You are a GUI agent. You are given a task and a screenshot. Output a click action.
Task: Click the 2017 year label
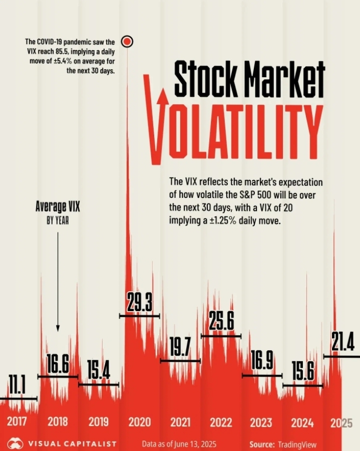17,422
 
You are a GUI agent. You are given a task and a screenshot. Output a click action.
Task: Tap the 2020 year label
139,422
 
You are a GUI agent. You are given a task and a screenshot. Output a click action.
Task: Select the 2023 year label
261,422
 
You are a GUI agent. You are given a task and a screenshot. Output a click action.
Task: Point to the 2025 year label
341,422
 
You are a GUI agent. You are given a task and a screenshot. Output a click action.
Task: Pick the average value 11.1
17,386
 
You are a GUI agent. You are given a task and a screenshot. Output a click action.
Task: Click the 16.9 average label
261,362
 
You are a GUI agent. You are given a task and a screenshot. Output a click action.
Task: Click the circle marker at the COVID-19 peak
127,41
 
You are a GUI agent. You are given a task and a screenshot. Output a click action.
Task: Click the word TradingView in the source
297,444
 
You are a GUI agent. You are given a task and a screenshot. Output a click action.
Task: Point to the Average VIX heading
58,206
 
